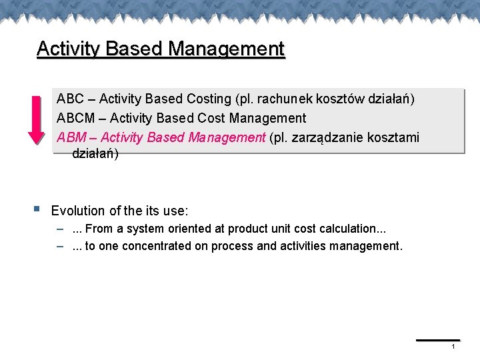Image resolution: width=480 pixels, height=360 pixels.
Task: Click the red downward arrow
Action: tap(36, 119)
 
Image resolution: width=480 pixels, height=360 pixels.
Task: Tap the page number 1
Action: tap(453, 347)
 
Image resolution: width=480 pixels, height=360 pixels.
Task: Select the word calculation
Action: tap(347, 229)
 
